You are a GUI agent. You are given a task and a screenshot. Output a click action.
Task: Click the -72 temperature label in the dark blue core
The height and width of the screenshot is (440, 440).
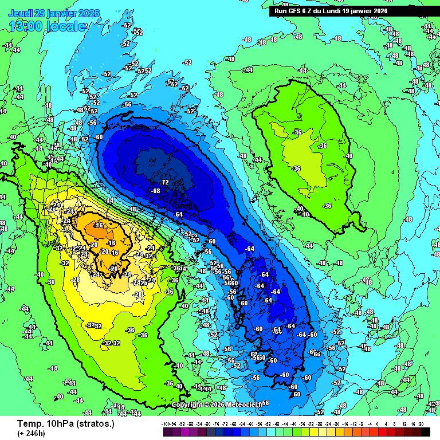(164, 182)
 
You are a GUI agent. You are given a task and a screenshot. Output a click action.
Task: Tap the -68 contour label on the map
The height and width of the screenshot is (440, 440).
(155, 191)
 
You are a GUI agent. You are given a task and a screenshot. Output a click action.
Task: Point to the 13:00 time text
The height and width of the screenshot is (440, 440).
(26, 26)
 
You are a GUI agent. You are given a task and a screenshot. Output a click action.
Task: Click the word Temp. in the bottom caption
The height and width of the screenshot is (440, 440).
(29, 424)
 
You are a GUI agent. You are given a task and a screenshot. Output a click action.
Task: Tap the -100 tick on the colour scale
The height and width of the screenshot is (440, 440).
(167, 423)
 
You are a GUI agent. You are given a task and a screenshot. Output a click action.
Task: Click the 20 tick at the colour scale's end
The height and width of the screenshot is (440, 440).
(422, 423)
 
